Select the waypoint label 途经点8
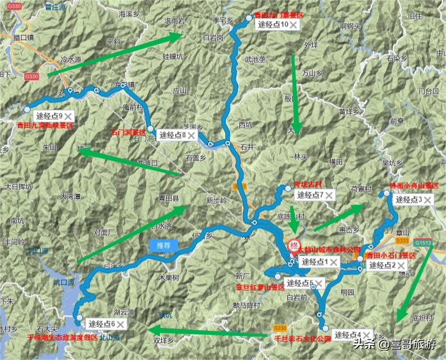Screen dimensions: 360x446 tap(173, 135)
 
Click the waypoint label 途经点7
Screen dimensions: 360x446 tap(310, 195)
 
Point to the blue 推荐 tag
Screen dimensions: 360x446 tap(164, 245)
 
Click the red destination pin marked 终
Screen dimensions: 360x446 tap(293, 244)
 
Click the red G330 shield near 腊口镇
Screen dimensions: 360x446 tap(32, 76)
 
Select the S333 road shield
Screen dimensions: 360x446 tap(403, 240)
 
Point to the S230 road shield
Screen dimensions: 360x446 tap(281, 327)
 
